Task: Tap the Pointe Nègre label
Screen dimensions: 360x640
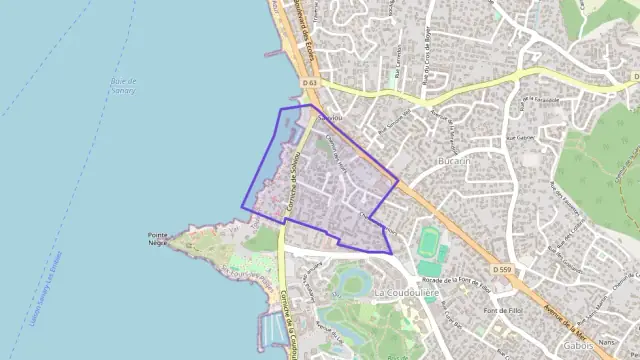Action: [157, 239]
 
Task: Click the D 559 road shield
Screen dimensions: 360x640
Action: [502, 270]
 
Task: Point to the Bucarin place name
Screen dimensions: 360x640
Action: [454, 160]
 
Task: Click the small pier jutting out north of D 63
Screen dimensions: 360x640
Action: [272, 51]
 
